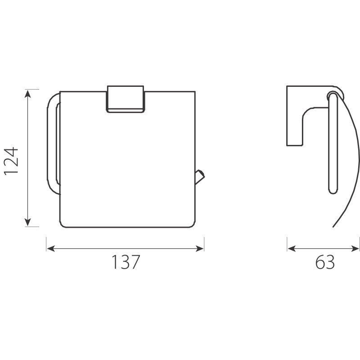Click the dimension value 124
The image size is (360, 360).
pyautogui.click(x=11, y=161)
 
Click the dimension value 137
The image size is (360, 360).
pyautogui.click(x=126, y=262)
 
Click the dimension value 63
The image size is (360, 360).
pyautogui.click(x=325, y=262)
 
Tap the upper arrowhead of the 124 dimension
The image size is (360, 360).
pyautogui.click(x=28, y=94)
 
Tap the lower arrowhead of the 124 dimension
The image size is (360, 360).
pyautogui.click(x=28, y=222)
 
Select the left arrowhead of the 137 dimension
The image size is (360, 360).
pyautogui.click(x=51, y=248)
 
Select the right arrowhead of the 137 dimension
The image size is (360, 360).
pyautogui.click(x=199, y=248)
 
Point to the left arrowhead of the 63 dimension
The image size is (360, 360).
pyautogui.click(x=291, y=248)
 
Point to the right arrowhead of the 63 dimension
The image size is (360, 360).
pyautogui.click(x=355, y=248)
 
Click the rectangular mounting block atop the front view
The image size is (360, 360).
pyautogui.click(x=126, y=99)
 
